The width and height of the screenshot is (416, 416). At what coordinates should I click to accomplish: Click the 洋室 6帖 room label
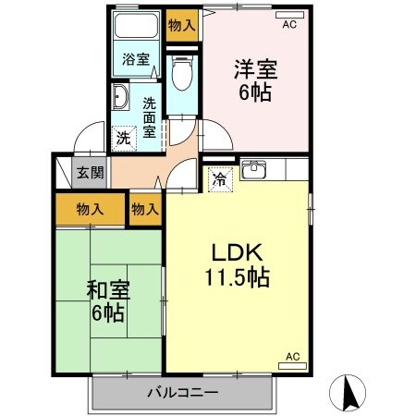pos(256,80)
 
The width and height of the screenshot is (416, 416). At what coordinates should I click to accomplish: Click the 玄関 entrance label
pos(90,171)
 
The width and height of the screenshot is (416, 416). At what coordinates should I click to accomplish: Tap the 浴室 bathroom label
pos(136,60)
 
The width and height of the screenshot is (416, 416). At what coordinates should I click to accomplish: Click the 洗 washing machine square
pos(124,138)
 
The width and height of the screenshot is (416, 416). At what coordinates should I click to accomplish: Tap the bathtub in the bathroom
pos(137,25)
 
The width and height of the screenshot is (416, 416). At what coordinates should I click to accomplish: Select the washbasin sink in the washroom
pos(120,98)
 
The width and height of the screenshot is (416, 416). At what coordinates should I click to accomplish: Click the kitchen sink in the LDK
pos(253,171)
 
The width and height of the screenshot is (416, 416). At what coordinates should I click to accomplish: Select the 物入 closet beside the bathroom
pos(181,25)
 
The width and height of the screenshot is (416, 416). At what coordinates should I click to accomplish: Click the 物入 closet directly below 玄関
pos(90,210)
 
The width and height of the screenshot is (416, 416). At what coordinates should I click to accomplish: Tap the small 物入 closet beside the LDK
pos(145,210)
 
